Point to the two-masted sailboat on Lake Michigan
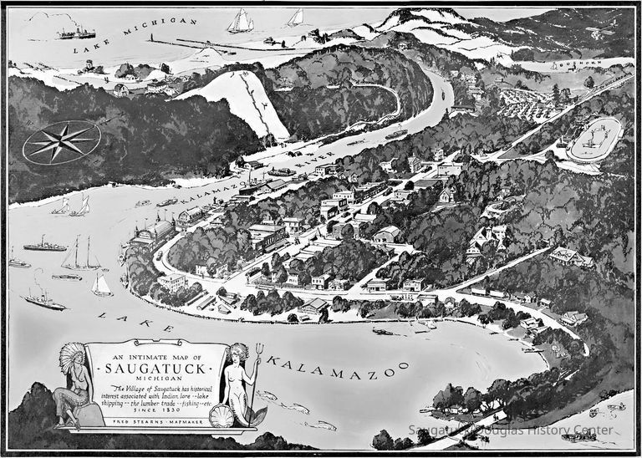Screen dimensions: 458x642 241,21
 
